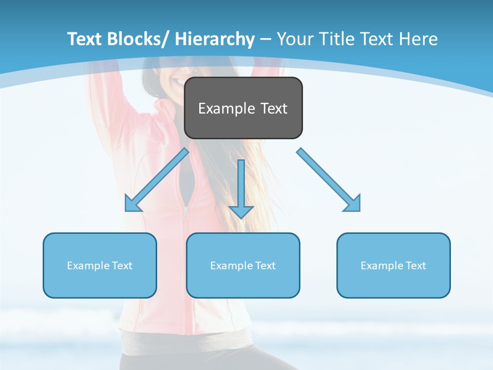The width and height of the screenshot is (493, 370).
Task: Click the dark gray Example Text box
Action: click(x=243, y=108)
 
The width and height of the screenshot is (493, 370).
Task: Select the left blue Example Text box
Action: click(x=100, y=265)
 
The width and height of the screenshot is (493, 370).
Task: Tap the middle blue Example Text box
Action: click(x=243, y=265)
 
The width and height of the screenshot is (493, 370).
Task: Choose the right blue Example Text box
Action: click(x=393, y=265)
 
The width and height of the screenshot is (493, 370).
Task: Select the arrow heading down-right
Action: click(x=329, y=180)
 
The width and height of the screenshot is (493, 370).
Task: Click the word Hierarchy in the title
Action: click(x=215, y=39)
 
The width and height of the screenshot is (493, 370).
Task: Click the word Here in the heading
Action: click(x=419, y=39)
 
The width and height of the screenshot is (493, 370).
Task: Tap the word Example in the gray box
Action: click(x=226, y=108)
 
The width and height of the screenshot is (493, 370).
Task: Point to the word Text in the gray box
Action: click(x=273, y=108)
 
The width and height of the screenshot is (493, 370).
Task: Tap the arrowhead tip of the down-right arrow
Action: click(x=359, y=210)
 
